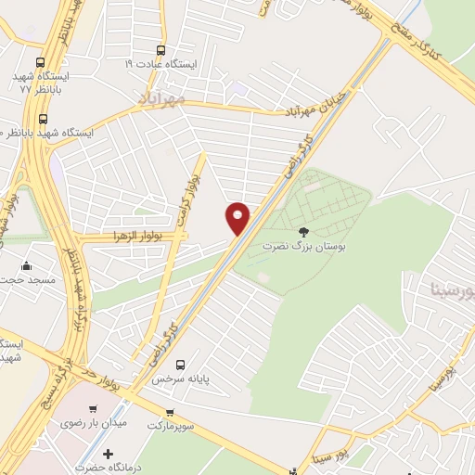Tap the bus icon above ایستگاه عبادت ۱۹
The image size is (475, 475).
[161, 51]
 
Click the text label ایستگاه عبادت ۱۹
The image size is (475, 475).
[162, 65]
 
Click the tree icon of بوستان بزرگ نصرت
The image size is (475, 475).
[302, 233]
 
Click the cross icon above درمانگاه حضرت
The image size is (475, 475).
[109, 455]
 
